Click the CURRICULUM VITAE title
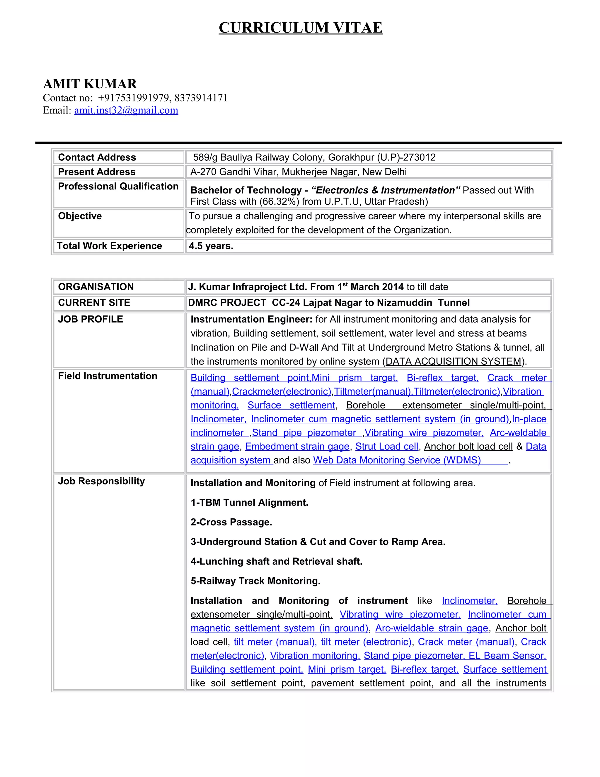point(300,28)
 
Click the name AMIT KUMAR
point(90,84)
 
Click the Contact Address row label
point(97,157)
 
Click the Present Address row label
point(97,172)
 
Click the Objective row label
point(80,216)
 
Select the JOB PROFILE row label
point(90,319)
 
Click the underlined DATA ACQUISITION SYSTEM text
point(453,362)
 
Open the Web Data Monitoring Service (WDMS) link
point(397,460)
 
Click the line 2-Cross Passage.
point(231,522)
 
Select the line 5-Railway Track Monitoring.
point(255,581)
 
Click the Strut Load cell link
point(387,447)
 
